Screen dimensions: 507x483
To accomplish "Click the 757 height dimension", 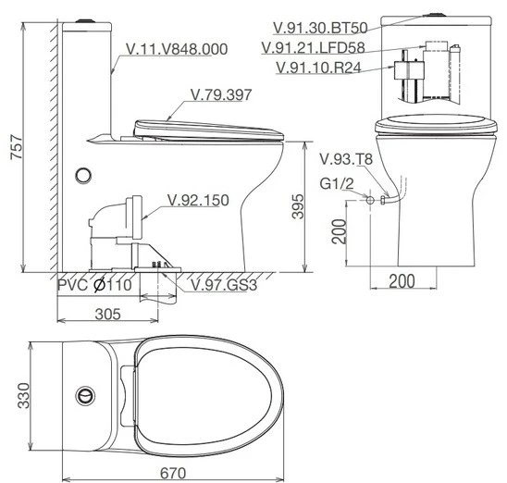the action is pyautogui.click(x=17, y=147).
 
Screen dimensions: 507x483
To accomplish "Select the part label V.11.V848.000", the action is pyautogui.click(x=177, y=49).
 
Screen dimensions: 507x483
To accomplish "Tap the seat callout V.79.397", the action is pyautogui.click(x=221, y=94).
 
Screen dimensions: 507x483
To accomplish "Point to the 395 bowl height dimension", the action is pyautogui.click(x=298, y=206).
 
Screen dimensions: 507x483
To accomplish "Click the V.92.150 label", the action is pyautogui.click(x=198, y=200).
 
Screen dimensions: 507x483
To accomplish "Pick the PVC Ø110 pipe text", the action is pyautogui.click(x=94, y=285).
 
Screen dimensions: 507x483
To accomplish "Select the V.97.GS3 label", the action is pyautogui.click(x=224, y=285).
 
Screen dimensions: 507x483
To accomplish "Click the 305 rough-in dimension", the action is pyautogui.click(x=108, y=314).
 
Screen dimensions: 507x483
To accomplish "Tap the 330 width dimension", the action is pyautogui.click(x=24, y=395).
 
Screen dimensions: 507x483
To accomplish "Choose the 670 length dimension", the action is pyautogui.click(x=173, y=474).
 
